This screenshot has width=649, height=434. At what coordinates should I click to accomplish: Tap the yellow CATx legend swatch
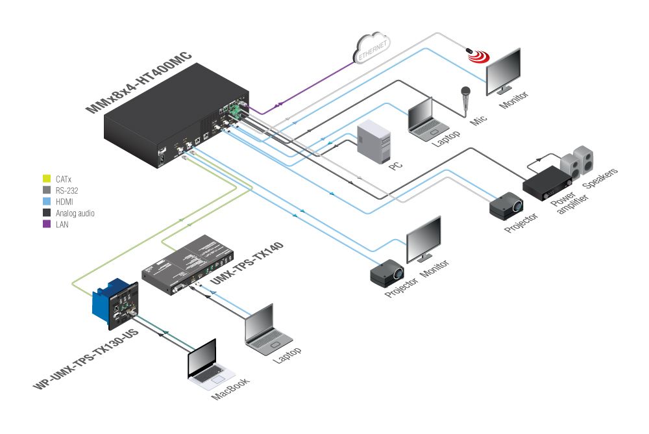click(46, 177)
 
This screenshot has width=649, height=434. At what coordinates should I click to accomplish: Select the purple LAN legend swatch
click(46, 224)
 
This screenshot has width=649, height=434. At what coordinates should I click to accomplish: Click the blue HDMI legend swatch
click(46, 201)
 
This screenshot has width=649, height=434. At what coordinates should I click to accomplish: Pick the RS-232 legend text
click(68, 189)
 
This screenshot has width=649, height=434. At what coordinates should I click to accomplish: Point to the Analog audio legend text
click(75, 212)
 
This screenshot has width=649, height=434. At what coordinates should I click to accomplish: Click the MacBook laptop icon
click(206, 362)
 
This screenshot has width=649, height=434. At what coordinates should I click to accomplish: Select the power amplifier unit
click(548, 182)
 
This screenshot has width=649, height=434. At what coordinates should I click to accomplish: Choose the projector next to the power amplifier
click(506, 206)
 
